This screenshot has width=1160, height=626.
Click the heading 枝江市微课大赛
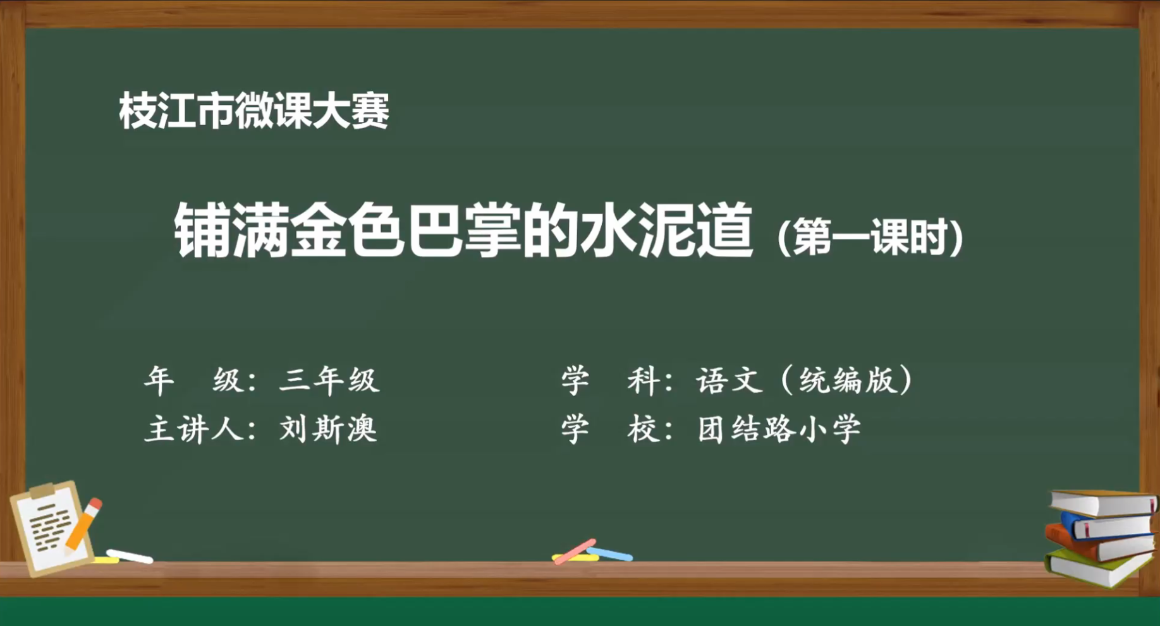click(x=254, y=111)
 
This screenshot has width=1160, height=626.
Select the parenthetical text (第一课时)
click(x=870, y=237)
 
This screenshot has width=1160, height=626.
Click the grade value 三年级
click(x=329, y=380)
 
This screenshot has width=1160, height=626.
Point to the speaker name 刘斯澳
click(x=328, y=429)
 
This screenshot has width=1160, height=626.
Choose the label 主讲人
click(x=193, y=429)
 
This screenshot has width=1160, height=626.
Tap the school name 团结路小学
click(x=779, y=429)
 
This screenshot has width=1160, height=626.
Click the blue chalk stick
click(x=609, y=554)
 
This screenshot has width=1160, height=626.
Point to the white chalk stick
click(x=130, y=557)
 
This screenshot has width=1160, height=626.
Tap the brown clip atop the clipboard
click(x=42, y=490)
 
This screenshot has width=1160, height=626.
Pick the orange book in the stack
click(x=1100, y=544)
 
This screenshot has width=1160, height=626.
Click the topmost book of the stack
click(x=1103, y=503)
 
